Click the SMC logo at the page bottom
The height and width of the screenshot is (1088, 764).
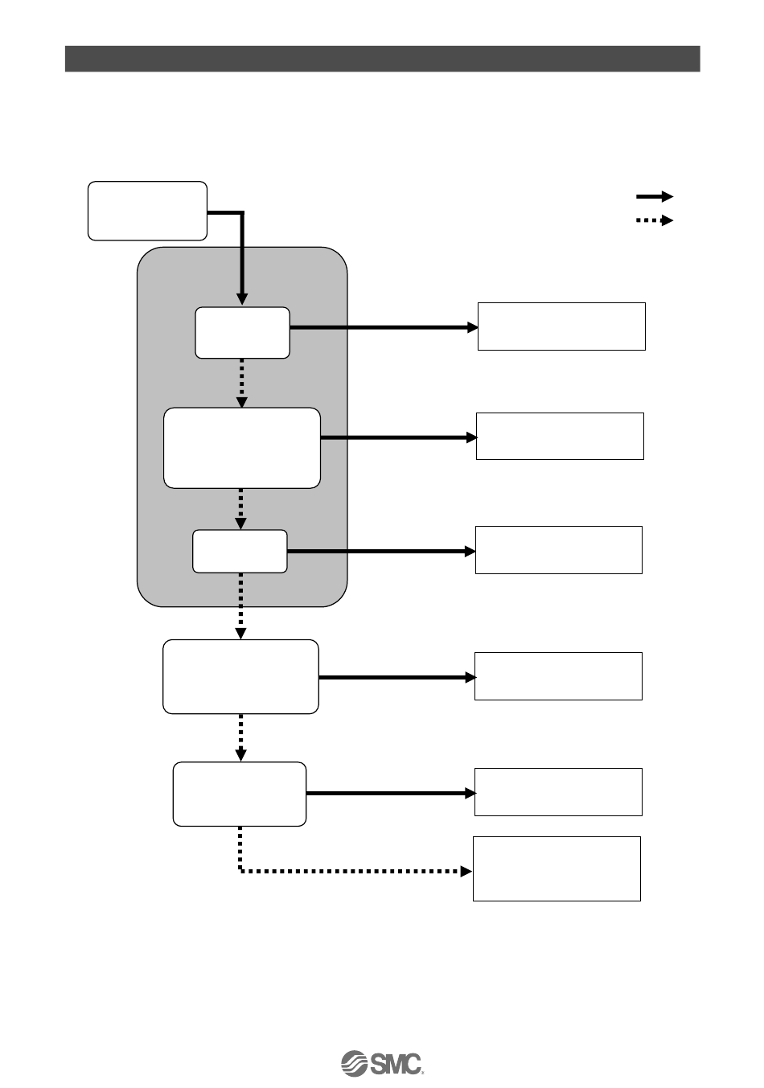[x=382, y=1062]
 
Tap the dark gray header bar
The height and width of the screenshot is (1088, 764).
[x=382, y=59]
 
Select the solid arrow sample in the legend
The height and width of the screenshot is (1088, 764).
[x=654, y=196]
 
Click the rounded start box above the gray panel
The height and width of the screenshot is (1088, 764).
[x=147, y=211]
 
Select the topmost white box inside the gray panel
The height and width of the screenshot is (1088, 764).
[x=242, y=332]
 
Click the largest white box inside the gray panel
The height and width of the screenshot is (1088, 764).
[x=241, y=447]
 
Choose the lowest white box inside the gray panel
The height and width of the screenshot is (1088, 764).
[x=240, y=551]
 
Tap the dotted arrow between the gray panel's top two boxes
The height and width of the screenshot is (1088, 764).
[x=241, y=383]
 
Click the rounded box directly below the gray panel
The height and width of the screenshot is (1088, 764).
[x=240, y=676]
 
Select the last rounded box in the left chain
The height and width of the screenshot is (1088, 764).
[x=240, y=794]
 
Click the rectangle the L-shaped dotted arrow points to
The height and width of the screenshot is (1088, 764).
[x=557, y=868]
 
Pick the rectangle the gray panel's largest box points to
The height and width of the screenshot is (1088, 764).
[x=560, y=436]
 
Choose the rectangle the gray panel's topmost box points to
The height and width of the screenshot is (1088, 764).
[x=561, y=326]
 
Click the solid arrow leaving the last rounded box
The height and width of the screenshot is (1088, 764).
[x=391, y=793]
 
